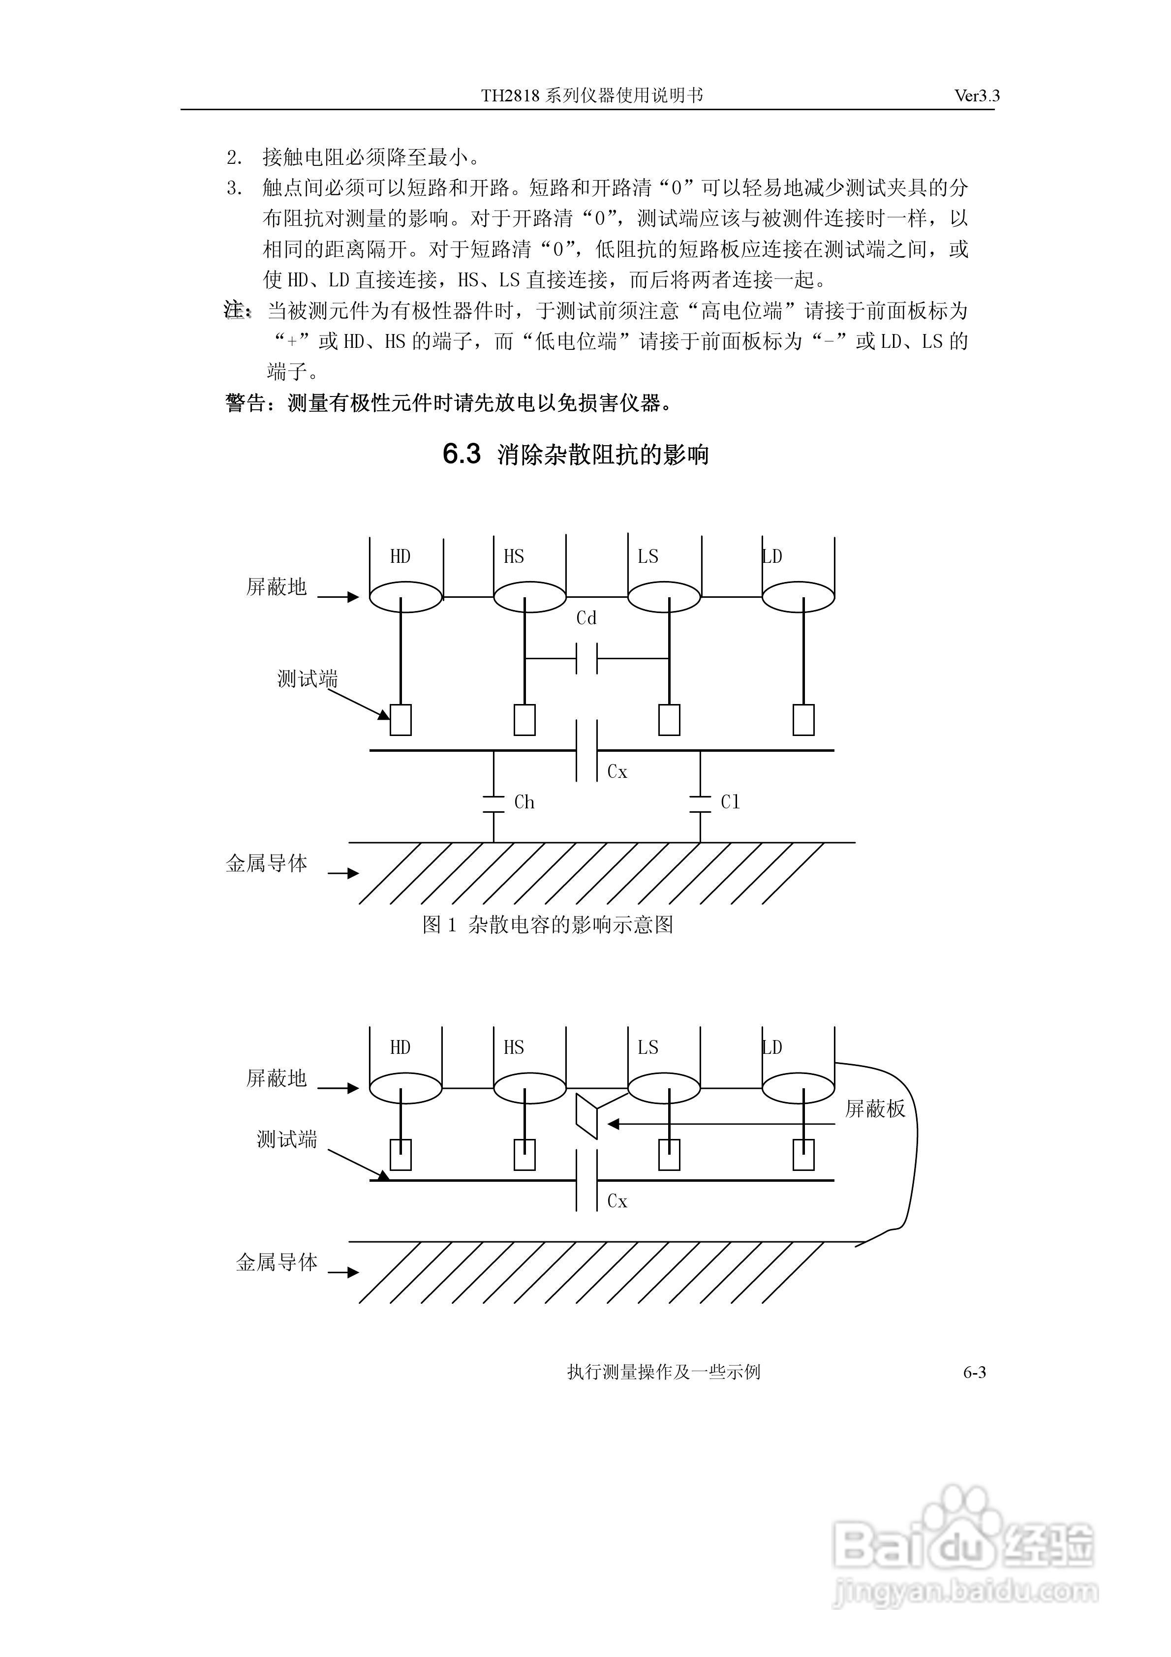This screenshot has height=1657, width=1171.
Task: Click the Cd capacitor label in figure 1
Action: [586, 618]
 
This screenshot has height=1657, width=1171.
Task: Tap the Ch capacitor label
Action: [524, 802]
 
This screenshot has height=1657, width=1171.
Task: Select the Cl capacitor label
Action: [730, 802]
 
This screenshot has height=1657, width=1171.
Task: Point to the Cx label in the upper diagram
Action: [617, 772]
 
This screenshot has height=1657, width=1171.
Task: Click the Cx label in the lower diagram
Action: [617, 1201]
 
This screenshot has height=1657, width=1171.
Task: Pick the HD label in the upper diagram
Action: [400, 556]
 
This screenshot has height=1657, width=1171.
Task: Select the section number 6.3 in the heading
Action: [462, 455]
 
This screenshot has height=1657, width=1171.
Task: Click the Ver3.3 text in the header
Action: [977, 96]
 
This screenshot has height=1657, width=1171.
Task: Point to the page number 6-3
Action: [975, 1373]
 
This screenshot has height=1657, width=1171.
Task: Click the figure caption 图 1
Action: [440, 925]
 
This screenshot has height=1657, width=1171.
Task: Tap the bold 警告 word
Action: [246, 403]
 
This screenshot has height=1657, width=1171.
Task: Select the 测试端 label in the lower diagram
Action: [287, 1140]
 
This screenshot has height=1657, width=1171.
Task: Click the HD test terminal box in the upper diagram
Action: [401, 719]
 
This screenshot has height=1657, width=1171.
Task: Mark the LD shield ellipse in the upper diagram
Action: [799, 597]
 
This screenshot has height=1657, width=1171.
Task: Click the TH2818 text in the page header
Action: [510, 96]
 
